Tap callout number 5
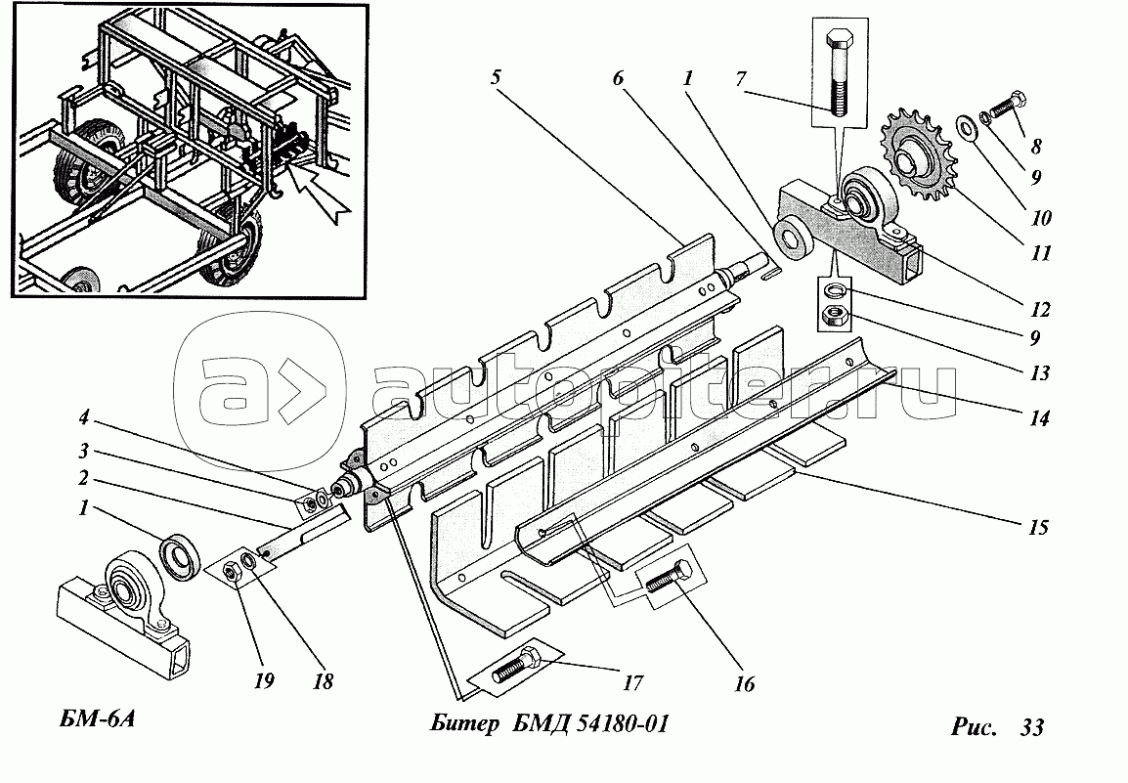[495, 77]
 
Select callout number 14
[1038, 417]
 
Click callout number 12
[1040, 310]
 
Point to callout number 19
[264, 680]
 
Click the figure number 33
[1031, 727]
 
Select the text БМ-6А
[94, 719]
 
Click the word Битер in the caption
[464, 723]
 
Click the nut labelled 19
[233, 572]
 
